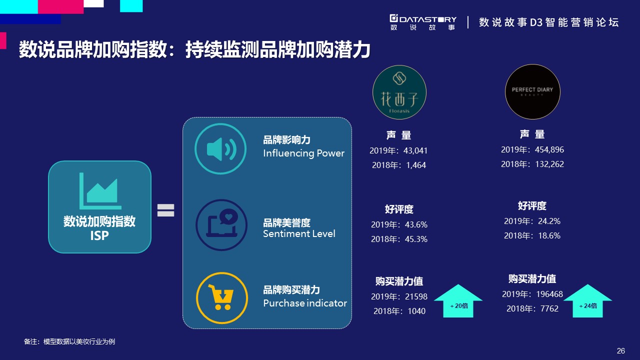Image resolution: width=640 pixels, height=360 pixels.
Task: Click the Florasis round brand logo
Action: (399, 92)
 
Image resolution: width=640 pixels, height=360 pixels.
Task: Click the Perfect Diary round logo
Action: (532, 91)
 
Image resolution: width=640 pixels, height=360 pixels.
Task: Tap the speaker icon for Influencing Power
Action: (220, 148)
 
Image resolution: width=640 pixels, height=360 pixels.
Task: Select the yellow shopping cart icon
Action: (222, 297)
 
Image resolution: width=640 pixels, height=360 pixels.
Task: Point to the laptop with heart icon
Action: (221, 225)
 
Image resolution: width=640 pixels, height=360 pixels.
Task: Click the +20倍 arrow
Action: (458, 301)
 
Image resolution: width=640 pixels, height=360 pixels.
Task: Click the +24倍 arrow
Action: (587, 301)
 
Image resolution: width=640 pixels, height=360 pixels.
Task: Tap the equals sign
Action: (165, 210)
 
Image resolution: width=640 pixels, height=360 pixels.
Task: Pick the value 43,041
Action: (415, 150)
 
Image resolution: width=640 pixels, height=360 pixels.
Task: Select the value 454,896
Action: (549, 149)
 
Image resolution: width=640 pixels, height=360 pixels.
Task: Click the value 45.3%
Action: (416, 239)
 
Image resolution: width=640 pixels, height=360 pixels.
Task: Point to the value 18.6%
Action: (549, 235)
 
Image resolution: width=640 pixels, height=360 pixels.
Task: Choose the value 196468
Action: (549, 294)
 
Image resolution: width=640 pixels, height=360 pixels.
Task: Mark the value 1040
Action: (416, 311)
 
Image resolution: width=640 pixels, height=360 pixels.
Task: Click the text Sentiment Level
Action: (299, 233)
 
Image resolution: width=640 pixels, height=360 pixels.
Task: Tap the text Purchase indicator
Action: (305, 303)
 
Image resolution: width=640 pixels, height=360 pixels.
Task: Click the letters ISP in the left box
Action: (99, 235)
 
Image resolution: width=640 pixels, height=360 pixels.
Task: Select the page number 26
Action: (621, 350)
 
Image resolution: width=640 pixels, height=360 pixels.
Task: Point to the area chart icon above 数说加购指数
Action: (100, 191)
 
